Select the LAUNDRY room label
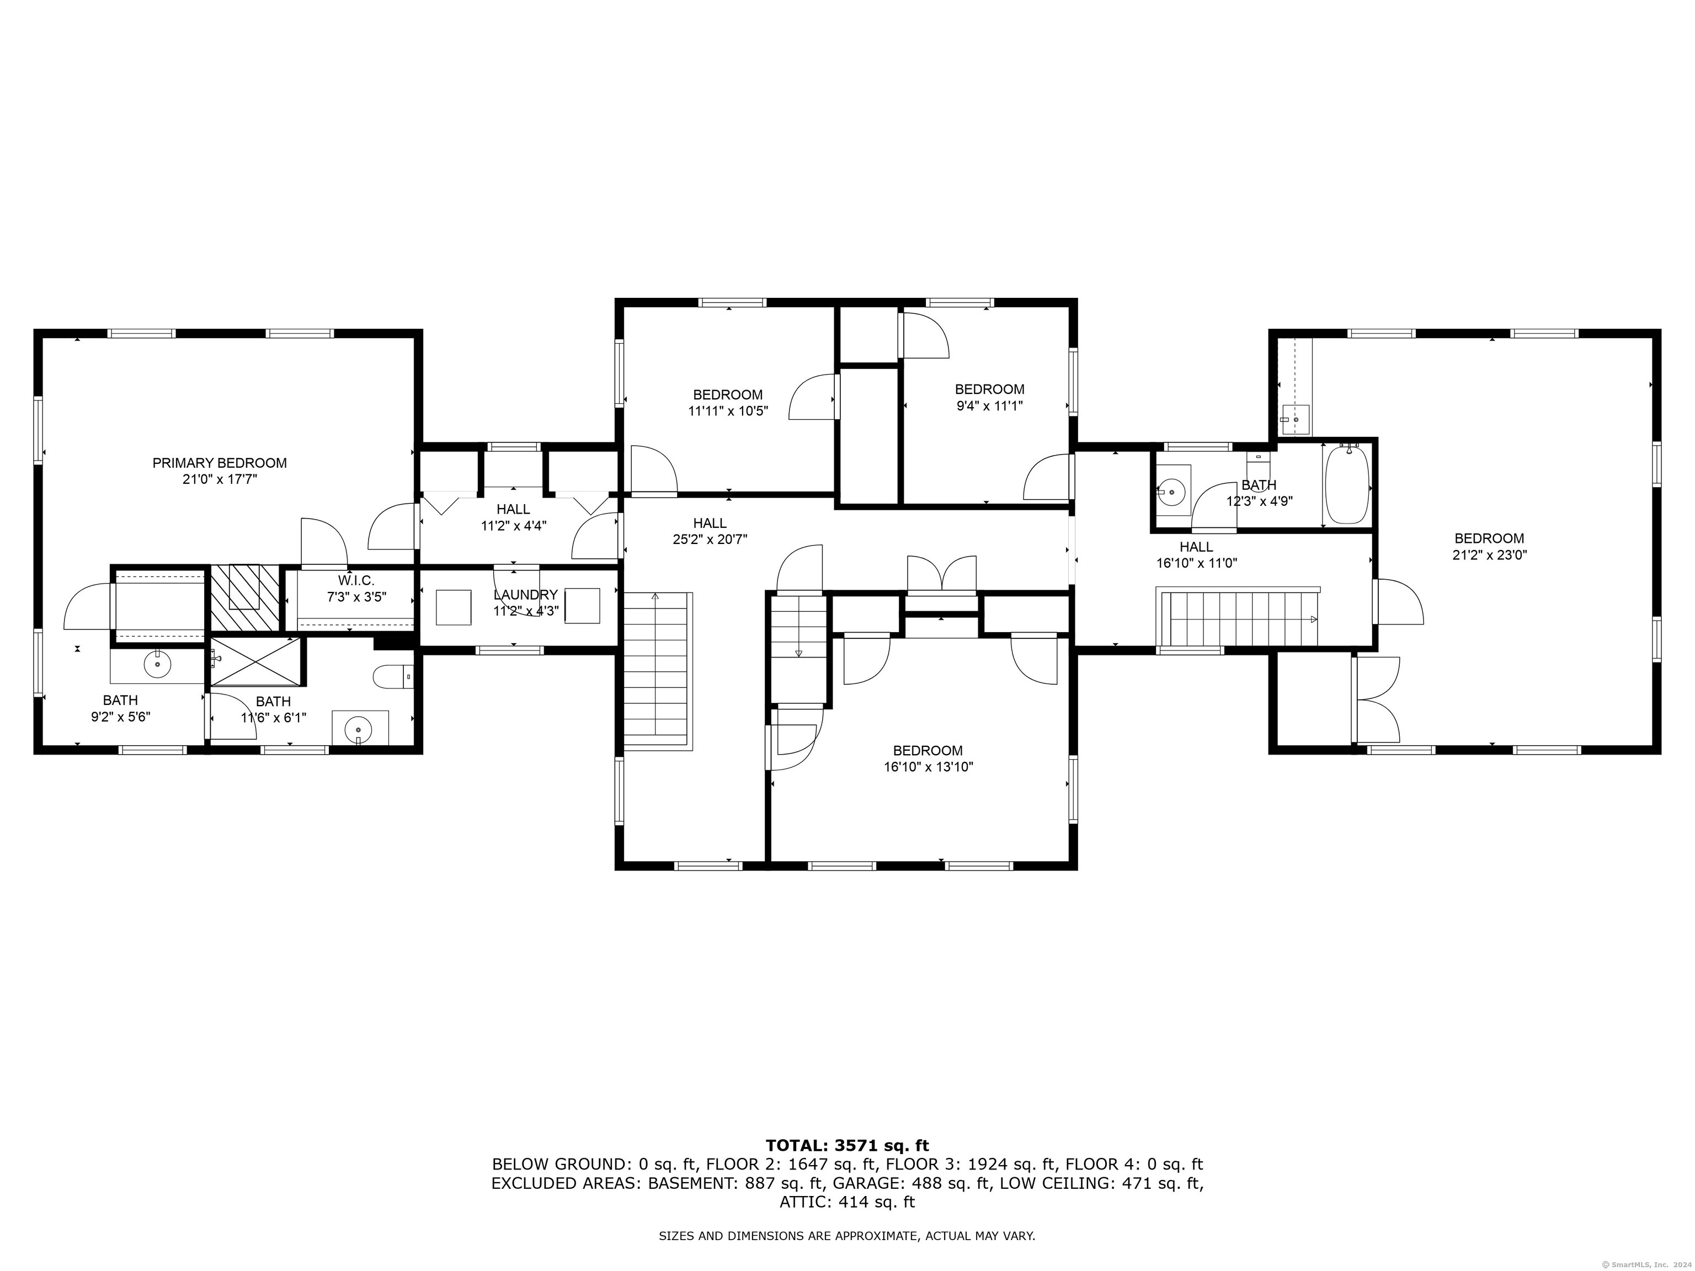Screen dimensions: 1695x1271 click(x=526, y=595)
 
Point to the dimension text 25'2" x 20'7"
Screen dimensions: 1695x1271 click(x=710, y=540)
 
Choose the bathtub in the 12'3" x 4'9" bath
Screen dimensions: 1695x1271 click(x=1347, y=484)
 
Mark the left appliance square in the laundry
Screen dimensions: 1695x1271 click(x=454, y=607)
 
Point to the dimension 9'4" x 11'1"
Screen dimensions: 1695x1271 click(x=989, y=406)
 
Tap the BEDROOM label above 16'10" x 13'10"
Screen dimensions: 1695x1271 click(x=928, y=751)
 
